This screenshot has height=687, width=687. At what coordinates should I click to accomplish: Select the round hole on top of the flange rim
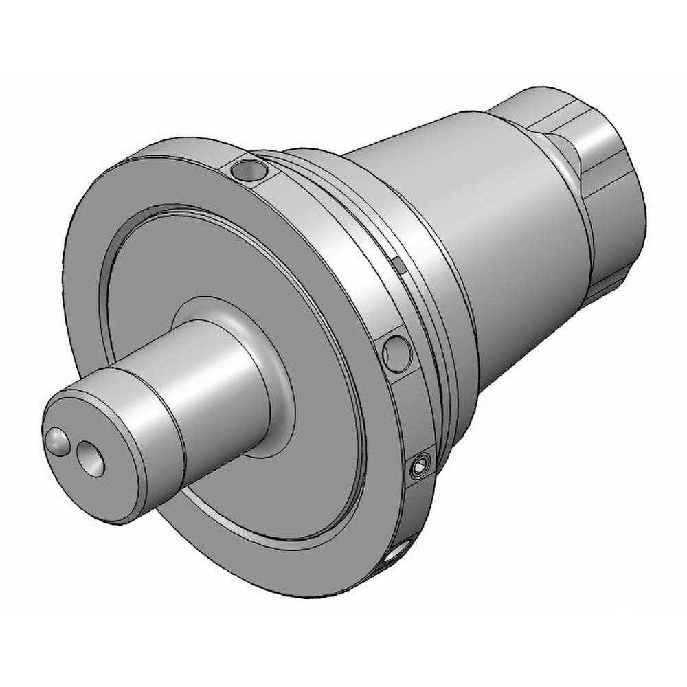pyautogui.click(x=247, y=169)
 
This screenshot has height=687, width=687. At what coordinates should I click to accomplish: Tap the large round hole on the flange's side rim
pyautogui.click(x=397, y=352)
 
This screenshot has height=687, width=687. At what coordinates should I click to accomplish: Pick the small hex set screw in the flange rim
pyautogui.click(x=418, y=470)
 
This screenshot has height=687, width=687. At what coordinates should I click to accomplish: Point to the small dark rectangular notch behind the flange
pyautogui.click(x=398, y=261)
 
